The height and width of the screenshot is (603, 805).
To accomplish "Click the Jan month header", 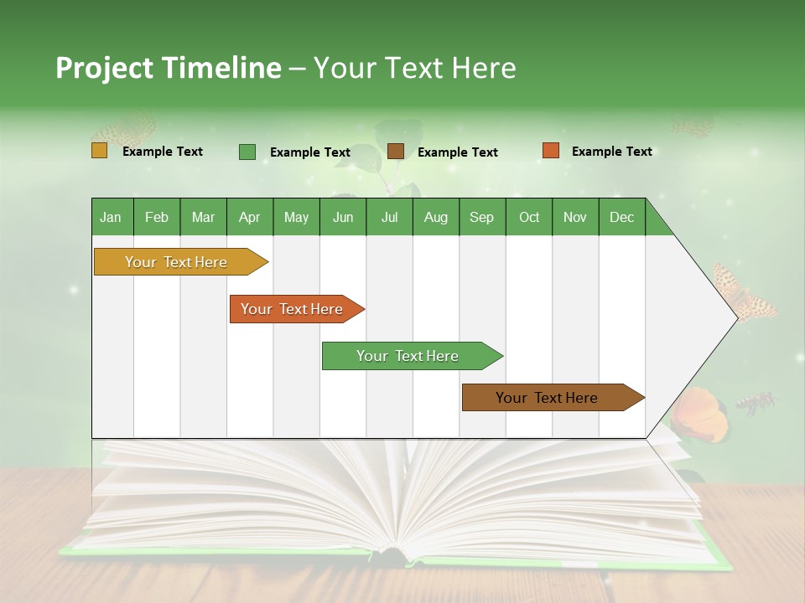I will pyautogui.click(x=112, y=217).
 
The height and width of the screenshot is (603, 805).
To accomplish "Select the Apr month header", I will pyautogui.click(x=250, y=217).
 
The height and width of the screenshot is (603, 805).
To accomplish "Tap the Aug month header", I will pyautogui.click(x=436, y=217).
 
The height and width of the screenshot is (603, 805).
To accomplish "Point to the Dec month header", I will pyautogui.click(x=622, y=217).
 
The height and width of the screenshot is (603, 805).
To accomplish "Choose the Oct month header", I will pyautogui.click(x=529, y=217).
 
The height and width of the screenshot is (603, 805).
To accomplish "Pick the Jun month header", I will pyautogui.click(x=343, y=217).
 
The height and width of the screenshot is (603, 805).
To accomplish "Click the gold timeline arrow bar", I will pyautogui.click(x=177, y=262).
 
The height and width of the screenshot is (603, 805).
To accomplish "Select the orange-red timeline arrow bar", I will pyautogui.click(x=293, y=309).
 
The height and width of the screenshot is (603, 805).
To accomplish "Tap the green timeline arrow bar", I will pyautogui.click(x=408, y=356).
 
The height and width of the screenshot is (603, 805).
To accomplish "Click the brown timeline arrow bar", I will pyautogui.click(x=548, y=398).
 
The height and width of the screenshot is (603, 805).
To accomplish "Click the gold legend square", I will pyautogui.click(x=99, y=151).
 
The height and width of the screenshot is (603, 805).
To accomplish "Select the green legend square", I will pyautogui.click(x=247, y=152).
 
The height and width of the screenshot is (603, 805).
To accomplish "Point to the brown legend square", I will pyautogui.click(x=396, y=152).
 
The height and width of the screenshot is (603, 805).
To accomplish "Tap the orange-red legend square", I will pyautogui.click(x=550, y=151).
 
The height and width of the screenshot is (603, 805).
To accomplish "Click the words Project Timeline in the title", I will pyautogui.click(x=168, y=68).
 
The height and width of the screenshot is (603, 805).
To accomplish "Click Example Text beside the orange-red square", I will pyautogui.click(x=611, y=152).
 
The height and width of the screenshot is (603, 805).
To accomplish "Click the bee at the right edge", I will pyautogui.click(x=756, y=403).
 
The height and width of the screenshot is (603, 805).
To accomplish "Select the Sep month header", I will pyautogui.click(x=482, y=217).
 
